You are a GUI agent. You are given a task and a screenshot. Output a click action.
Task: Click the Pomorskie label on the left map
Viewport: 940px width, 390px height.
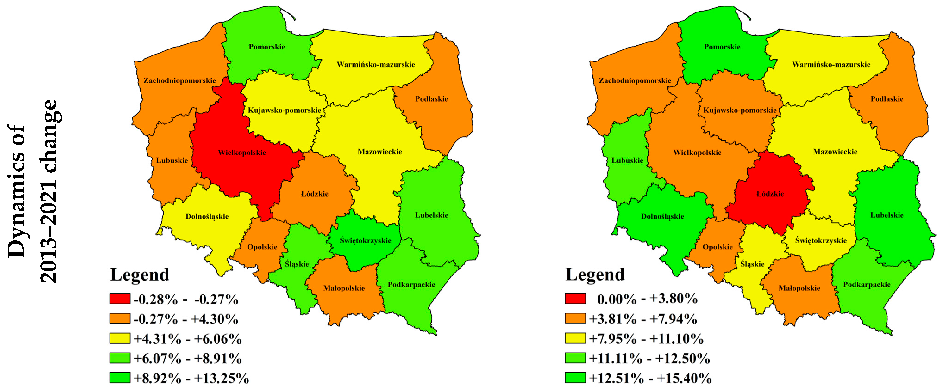click(267, 47)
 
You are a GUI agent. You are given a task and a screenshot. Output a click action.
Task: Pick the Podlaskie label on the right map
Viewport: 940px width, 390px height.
click(887, 99)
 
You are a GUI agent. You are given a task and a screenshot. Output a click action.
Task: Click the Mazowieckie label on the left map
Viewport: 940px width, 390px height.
click(379, 152)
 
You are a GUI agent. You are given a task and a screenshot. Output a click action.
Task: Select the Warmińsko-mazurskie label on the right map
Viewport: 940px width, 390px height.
click(831, 64)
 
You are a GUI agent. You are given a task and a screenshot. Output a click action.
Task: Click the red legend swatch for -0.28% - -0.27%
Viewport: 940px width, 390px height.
click(120, 299)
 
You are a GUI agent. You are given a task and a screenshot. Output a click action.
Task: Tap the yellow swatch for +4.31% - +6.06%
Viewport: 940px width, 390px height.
click(120, 338)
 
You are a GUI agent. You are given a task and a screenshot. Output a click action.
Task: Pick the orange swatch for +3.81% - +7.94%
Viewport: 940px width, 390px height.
click(575, 319)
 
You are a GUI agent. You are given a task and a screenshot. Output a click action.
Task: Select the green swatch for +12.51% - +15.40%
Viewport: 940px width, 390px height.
click(575, 378)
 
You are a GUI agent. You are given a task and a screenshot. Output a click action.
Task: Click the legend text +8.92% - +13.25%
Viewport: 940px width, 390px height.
click(191, 378)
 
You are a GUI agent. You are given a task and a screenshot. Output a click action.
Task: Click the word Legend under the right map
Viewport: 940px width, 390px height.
click(595, 275)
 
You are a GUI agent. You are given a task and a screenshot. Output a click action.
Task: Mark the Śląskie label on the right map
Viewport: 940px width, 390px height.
click(752, 264)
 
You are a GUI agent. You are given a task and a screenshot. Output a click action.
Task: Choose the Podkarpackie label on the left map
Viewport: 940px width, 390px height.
click(411, 284)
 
